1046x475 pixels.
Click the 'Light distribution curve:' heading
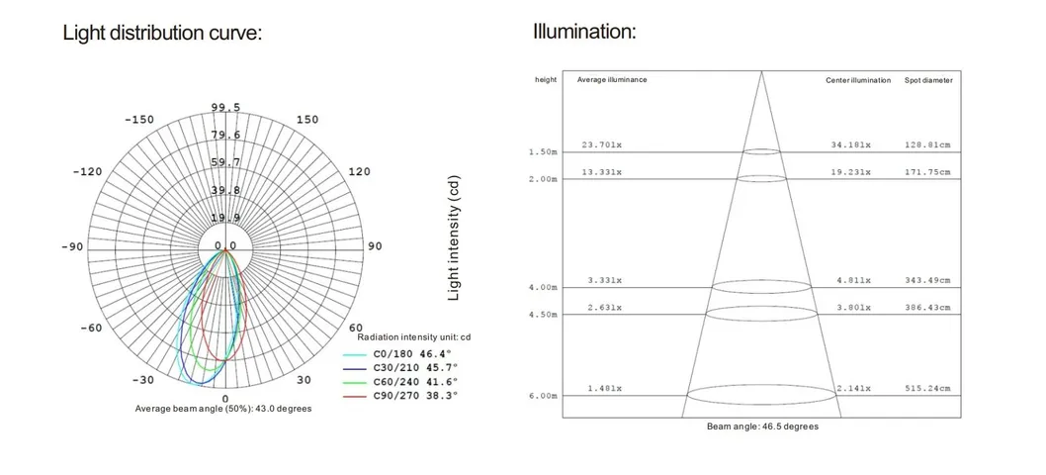[162, 33]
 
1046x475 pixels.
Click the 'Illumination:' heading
[584, 32]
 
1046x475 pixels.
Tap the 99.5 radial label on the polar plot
[225, 108]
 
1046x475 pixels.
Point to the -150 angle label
[139, 120]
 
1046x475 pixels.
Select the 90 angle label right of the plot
[375, 246]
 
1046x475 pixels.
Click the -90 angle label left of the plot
[72, 246]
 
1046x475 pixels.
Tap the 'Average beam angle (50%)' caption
[223, 409]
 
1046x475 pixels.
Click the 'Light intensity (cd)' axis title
[454, 239]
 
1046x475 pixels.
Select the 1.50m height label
[545, 152]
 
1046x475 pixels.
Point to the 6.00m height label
[545, 396]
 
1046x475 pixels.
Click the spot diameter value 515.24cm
[927, 389]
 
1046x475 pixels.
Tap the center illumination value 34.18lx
[850, 144]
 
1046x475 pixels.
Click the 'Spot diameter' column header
[928, 80]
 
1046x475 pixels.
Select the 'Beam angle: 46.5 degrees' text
[762, 427]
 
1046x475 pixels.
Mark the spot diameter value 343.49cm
[927, 281]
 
